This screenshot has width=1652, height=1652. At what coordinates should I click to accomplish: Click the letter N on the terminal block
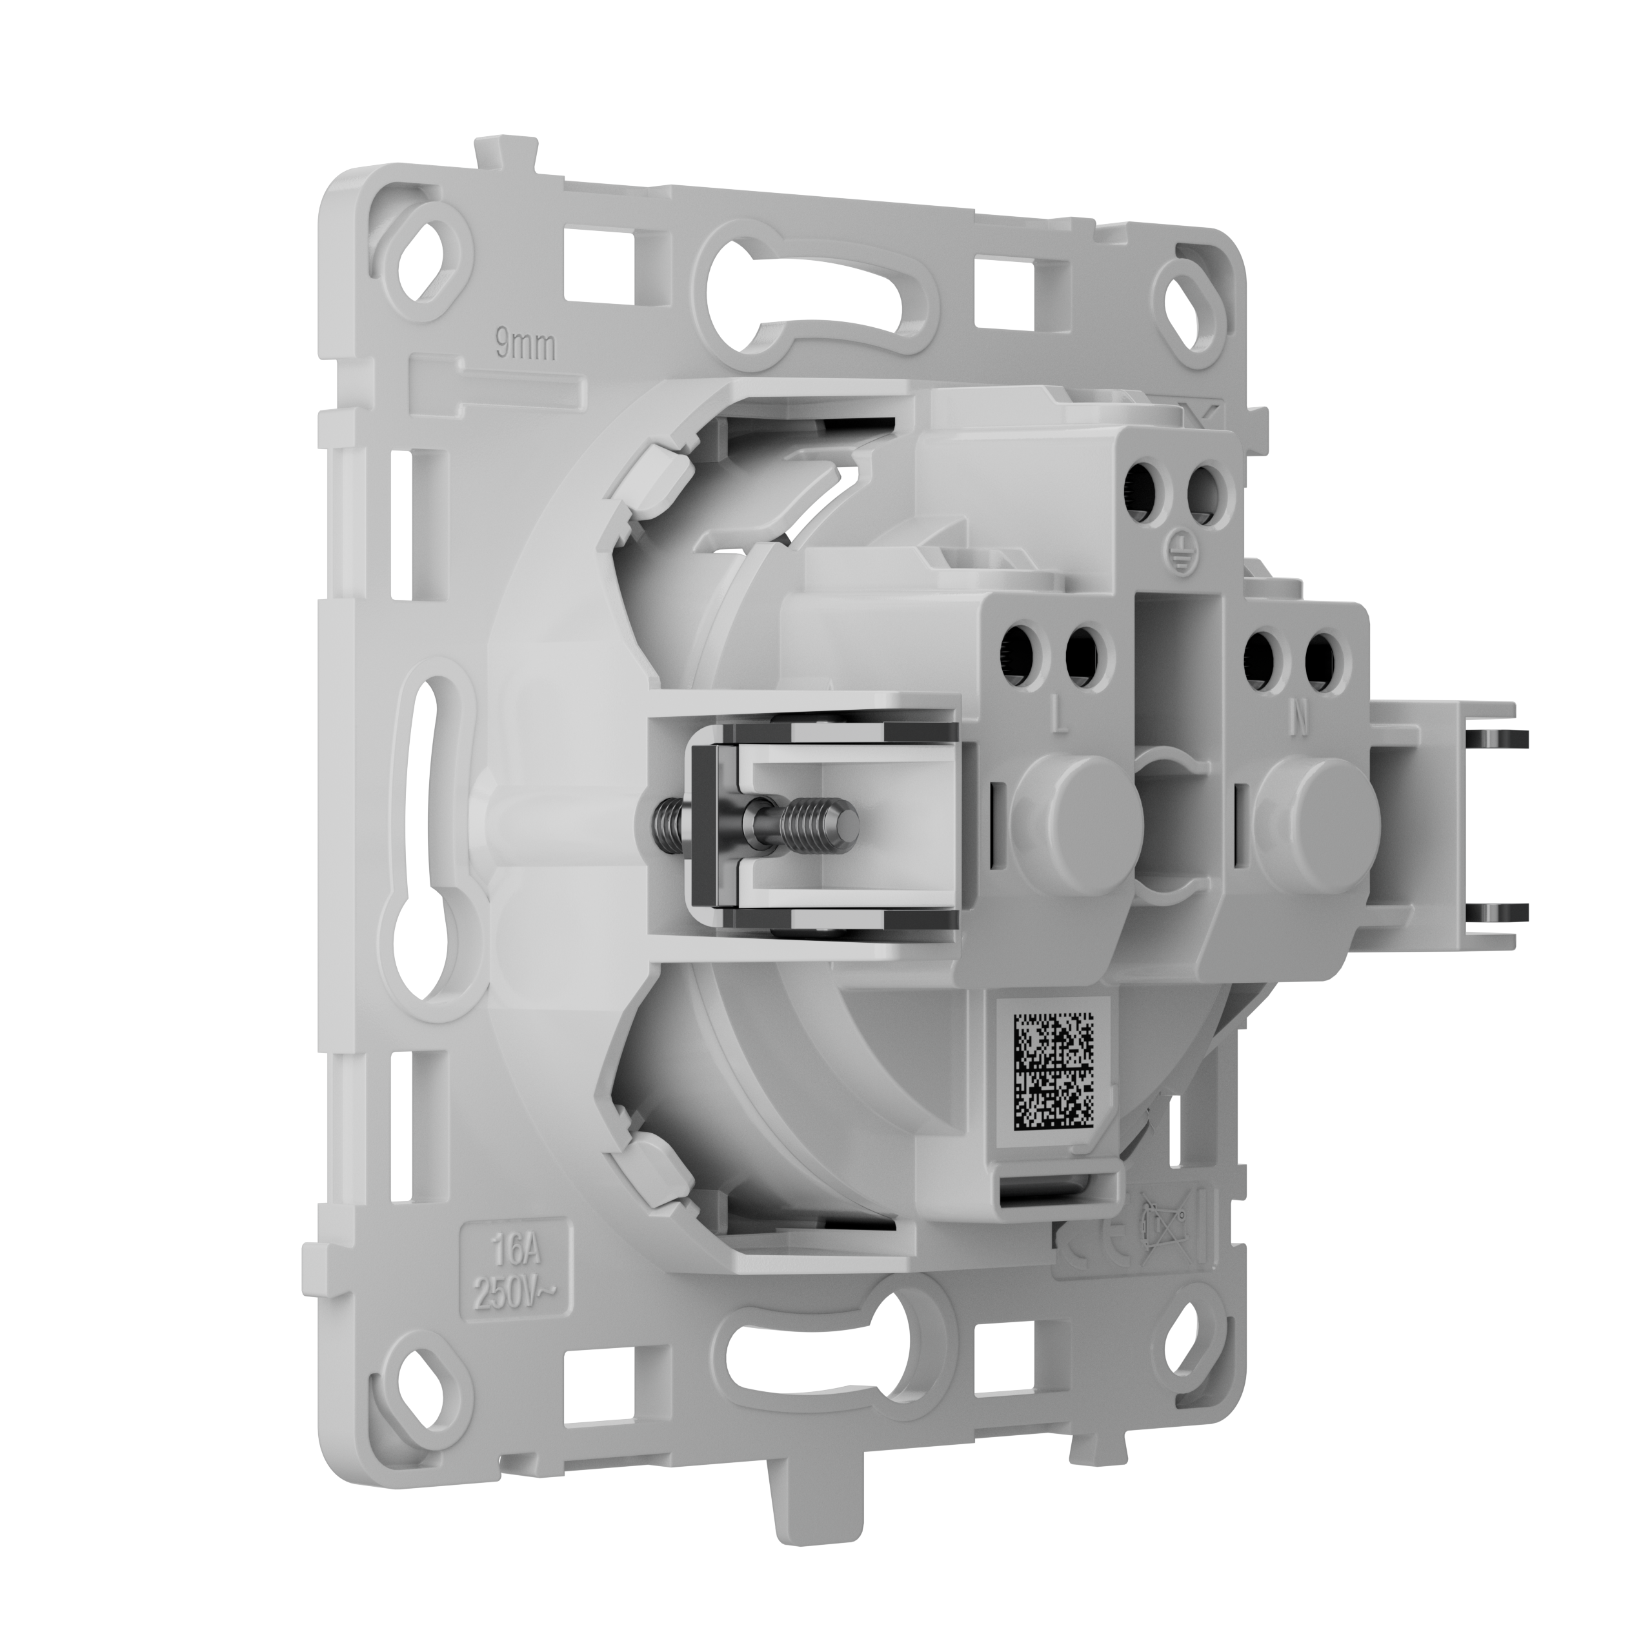pos(1299,721)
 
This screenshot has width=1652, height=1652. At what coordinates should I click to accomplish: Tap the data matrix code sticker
pos(1053,1069)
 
